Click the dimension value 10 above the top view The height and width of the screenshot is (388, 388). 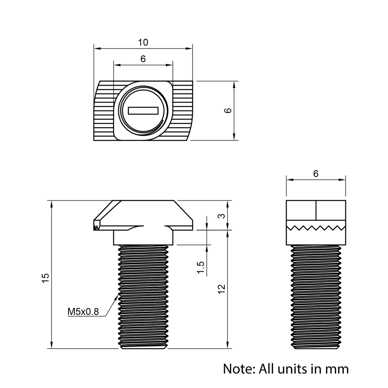(143, 42)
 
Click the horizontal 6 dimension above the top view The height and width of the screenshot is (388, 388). (143, 59)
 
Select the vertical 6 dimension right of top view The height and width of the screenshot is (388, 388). (229, 111)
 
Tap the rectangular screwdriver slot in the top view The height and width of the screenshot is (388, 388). (144, 111)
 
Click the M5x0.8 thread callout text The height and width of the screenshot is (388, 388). (83, 311)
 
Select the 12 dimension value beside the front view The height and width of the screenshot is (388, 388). (221, 289)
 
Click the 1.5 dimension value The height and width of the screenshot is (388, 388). (201, 267)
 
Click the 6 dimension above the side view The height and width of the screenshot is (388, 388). (315, 174)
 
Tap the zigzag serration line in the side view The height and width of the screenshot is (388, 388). (315, 227)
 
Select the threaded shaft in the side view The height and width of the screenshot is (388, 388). (315, 297)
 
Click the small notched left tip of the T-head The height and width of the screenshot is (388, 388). (96, 225)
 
